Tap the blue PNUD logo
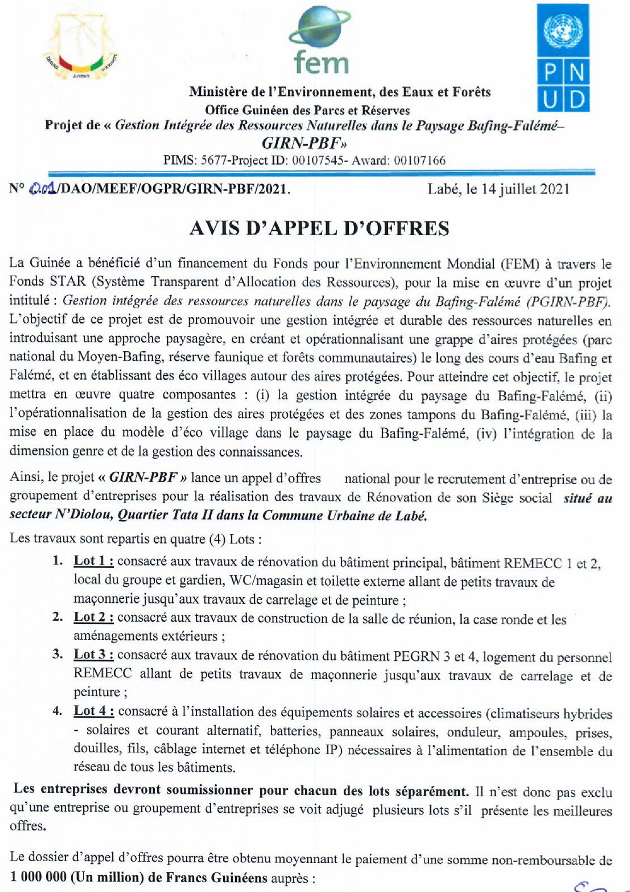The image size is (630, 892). (563, 58)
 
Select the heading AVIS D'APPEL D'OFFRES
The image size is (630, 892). (319, 228)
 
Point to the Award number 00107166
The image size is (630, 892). (419, 161)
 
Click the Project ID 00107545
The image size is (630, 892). (318, 161)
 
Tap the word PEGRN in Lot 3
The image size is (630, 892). (416, 656)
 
